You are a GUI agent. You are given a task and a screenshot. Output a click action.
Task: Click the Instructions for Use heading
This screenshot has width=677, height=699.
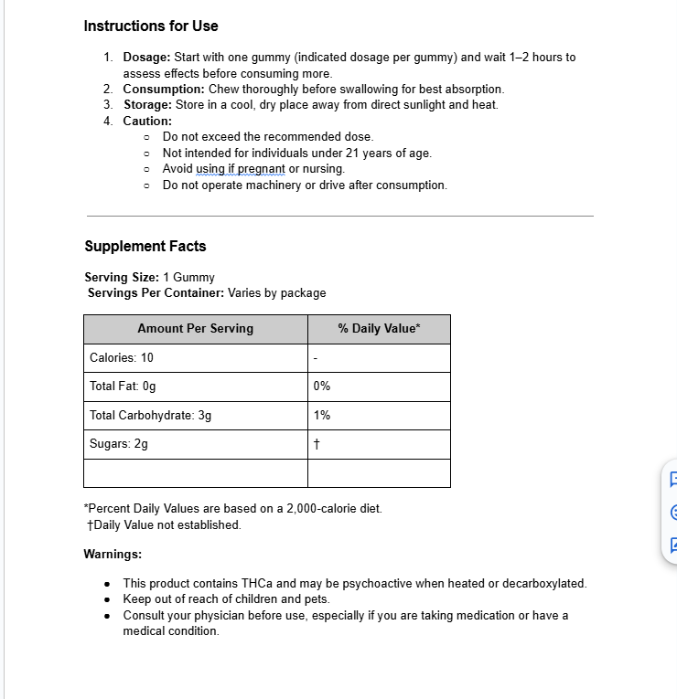(151, 26)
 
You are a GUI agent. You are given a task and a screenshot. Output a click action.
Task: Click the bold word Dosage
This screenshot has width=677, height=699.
(146, 58)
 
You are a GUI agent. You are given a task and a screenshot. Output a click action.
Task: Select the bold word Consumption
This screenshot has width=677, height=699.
(164, 90)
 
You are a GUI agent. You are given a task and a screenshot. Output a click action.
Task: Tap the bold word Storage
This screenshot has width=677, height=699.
(147, 105)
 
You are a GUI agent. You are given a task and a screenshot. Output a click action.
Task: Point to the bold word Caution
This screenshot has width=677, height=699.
(147, 121)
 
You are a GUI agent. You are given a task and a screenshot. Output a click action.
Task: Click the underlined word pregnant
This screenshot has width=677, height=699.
(261, 169)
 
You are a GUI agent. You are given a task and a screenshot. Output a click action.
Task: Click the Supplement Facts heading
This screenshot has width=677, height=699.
(145, 246)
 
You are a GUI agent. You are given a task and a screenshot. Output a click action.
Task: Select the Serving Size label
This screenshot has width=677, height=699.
(122, 277)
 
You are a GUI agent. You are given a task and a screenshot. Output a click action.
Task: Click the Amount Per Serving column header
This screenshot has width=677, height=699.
(196, 328)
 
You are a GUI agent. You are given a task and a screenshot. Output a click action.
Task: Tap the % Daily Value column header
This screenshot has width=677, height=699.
(379, 328)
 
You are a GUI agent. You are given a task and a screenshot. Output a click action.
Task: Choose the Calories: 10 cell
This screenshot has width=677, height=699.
(122, 357)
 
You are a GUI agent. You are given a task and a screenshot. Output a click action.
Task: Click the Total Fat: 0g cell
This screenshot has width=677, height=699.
(123, 387)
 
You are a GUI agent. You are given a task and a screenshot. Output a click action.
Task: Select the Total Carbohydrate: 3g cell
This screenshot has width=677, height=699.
(151, 415)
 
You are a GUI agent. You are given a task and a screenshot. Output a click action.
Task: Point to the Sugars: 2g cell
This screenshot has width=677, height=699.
(119, 444)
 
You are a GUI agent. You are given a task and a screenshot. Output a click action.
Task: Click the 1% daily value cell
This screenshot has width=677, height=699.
(322, 415)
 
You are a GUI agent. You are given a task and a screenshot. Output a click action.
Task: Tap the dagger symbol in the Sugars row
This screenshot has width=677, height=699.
(317, 444)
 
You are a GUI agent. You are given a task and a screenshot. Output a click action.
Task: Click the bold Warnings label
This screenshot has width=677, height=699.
(113, 554)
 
